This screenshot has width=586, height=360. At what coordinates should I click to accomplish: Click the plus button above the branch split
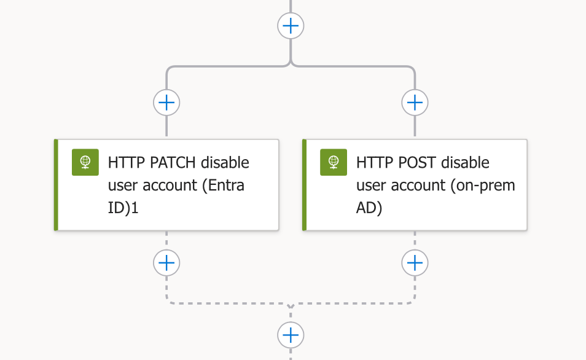[x=291, y=26]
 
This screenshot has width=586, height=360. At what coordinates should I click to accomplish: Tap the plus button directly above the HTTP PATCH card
[x=166, y=103]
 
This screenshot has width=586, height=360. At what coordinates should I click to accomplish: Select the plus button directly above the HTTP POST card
[x=415, y=103]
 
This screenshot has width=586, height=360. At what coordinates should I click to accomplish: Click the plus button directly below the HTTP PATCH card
[x=166, y=263]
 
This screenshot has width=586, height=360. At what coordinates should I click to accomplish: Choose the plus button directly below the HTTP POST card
[x=415, y=263]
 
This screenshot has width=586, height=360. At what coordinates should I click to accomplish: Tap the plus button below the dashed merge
[x=291, y=335]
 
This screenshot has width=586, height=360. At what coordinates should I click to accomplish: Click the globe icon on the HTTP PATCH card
[x=85, y=162]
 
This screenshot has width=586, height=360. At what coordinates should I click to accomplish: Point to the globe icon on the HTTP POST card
[x=334, y=162]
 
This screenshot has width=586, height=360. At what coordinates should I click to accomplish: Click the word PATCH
[x=173, y=163]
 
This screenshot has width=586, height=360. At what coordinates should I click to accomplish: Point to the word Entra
[x=224, y=185]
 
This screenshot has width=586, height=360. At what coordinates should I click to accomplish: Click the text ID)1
[x=123, y=208]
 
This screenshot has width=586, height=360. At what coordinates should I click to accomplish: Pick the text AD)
[x=369, y=208]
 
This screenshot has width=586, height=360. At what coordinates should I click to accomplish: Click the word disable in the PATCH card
[x=225, y=163]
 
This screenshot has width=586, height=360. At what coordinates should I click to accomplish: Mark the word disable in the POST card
[x=465, y=163]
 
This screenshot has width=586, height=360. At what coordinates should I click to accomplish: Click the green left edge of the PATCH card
[x=56, y=185]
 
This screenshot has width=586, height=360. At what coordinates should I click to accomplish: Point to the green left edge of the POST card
[x=304, y=185]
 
